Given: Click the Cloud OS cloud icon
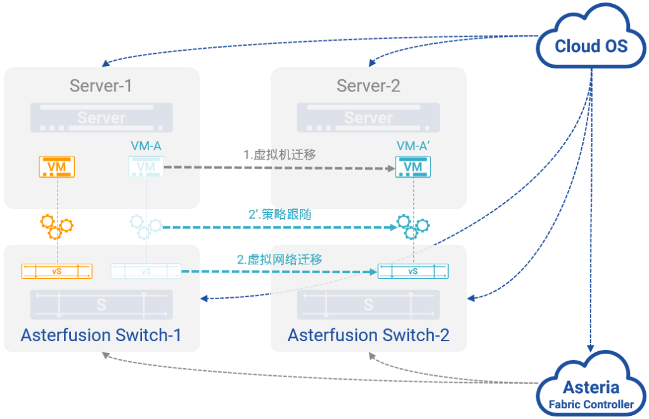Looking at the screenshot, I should click(591, 42).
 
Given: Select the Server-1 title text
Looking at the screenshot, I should click(101, 86).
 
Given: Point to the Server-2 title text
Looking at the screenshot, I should click(368, 86).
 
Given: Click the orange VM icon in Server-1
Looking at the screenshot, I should click(58, 167).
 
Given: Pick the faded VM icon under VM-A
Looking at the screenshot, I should click(146, 167).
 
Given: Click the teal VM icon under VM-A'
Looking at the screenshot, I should click(413, 167).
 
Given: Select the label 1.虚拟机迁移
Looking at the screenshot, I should click(280, 154).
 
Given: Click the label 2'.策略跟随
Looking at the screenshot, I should click(280, 214).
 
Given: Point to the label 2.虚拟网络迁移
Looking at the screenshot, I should click(280, 259).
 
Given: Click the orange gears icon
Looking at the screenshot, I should click(56, 226).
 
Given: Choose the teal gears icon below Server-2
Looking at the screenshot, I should click(413, 226).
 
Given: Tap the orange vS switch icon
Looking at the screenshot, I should click(57, 271).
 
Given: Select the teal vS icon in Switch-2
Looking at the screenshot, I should click(413, 271).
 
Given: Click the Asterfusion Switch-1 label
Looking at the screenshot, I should click(101, 335).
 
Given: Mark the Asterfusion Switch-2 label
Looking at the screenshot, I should click(368, 335).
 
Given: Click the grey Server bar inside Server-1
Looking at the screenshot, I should click(101, 118).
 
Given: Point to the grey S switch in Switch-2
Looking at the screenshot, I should click(368, 304).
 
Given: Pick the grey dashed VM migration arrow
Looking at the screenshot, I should click(279, 168).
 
